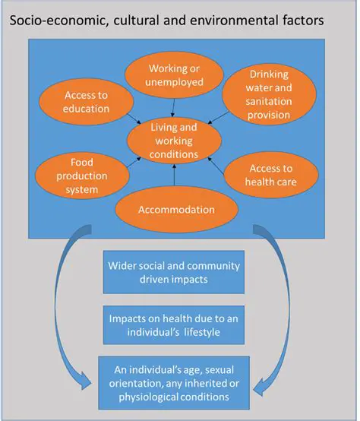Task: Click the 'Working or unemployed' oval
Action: click(x=175, y=73)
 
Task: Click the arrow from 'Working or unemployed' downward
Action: click(x=175, y=105)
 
